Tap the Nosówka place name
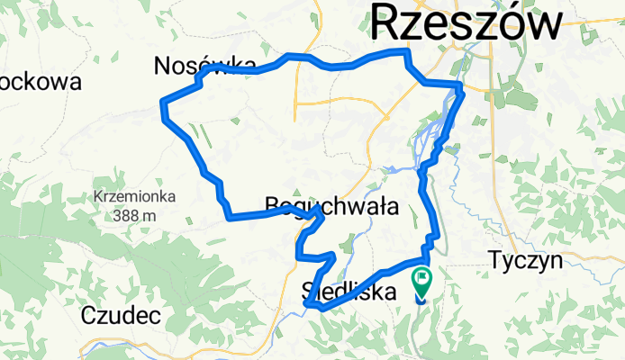(x=199, y=66)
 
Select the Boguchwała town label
(x=332, y=206)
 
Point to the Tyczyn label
(x=526, y=261)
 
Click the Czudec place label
(x=121, y=315)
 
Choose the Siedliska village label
(x=348, y=292)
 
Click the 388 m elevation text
(x=135, y=215)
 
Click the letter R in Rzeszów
(x=388, y=22)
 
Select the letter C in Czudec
(x=88, y=315)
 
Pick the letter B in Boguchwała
(x=274, y=206)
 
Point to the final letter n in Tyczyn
(x=556, y=261)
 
